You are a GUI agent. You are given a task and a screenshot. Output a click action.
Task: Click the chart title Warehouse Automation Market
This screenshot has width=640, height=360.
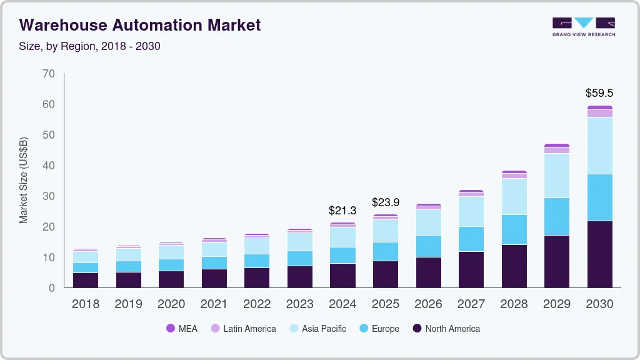[x=140, y=25]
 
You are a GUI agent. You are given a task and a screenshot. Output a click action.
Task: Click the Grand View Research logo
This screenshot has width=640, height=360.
[x=583, y=26]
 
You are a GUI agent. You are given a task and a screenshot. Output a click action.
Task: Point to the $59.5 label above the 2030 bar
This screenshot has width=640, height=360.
[x=599, y=93]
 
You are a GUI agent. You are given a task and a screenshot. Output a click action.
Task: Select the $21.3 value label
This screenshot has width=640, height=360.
[x=342, y=211]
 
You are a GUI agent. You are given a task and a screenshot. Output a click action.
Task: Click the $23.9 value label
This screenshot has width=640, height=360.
[x=386, y=202]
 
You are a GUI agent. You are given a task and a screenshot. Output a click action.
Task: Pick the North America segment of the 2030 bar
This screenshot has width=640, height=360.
[x=599, y=254]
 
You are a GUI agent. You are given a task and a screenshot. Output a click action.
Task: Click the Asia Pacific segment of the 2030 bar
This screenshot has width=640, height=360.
[x=599, y=145]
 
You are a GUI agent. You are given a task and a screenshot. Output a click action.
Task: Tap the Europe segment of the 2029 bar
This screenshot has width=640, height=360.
[x=556, y=216]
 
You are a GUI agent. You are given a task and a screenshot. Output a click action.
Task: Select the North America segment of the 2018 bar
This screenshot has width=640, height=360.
[x=86, y=280]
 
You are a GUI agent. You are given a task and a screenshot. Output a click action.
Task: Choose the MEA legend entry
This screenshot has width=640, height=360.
[x=182, y=328]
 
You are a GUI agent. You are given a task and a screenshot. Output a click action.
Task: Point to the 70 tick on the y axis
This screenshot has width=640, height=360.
[x=49, y=74]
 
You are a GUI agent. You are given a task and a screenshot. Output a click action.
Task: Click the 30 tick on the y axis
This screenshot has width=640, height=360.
[x=49, y=196]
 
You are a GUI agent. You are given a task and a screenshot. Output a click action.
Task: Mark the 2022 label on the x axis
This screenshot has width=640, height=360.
[x=257, y=304]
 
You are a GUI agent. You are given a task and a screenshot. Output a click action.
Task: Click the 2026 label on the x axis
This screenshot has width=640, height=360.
[x=428, y=304]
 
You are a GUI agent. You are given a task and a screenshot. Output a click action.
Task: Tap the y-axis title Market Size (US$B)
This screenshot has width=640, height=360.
[x=24, y=180]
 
